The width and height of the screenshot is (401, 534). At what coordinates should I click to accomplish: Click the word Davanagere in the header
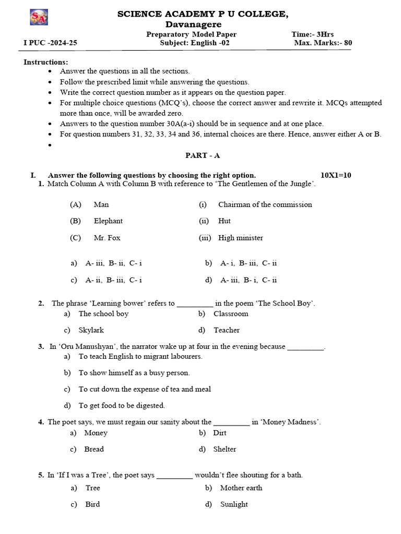tap(193, 25)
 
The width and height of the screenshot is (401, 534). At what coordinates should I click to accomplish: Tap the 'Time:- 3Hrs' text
tap(312, 34)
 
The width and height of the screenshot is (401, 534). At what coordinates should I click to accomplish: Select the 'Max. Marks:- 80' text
tap(322, 43)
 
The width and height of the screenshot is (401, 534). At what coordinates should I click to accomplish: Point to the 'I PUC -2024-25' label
tap(50, 43)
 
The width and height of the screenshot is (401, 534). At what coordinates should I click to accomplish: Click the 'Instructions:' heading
tap(45, 62)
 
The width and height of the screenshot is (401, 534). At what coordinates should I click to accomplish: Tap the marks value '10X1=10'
tap(339, 175)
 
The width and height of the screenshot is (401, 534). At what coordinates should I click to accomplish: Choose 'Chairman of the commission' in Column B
tap(265, 204)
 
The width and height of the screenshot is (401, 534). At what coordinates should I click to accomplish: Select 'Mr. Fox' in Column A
tap(107, 238)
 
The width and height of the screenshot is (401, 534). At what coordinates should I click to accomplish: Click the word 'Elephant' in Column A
tap(108, 221)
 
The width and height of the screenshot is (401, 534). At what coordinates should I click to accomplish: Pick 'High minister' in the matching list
tap(240, 238)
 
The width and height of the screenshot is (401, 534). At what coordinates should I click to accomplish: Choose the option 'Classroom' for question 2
tap(231, 314)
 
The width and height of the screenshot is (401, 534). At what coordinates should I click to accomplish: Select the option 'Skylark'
tap(91, 330)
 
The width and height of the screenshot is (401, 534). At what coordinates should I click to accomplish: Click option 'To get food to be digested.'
tap(122, 405)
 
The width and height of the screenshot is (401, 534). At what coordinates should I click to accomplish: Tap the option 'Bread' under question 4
tap(94, 449)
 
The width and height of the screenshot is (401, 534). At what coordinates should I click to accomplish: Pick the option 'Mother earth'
tap(241, 488)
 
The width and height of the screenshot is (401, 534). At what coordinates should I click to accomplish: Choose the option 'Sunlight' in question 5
tap(234, 504)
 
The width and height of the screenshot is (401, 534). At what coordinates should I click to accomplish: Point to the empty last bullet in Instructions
tap(50, 144)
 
